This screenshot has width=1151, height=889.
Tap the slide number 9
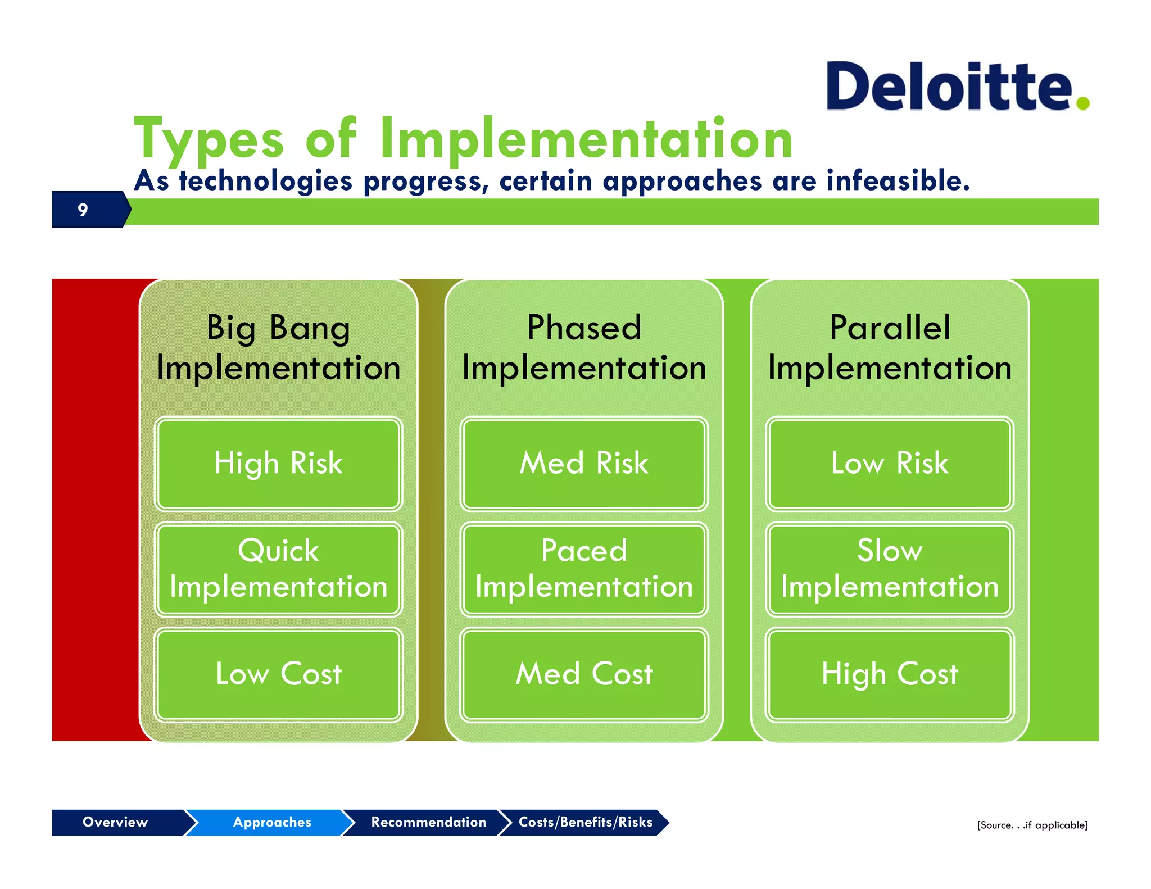pyautogui.click(x=83, y=210)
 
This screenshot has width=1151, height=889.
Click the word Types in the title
pyautogui.click(x=209, y=139)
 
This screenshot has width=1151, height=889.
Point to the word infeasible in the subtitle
pyautogui.click(x=898, y=181)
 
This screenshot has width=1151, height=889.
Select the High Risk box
pyautogui.click(x=278, y=464)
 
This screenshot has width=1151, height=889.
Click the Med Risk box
pyautogui.click(x=584, y=464)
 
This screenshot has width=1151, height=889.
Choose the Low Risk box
pyautogui.click(x=889, y=464)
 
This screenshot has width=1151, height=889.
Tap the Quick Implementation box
pyautogui.click(x=278, y=569)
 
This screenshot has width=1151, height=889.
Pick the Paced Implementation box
pyautogui.click(x=584, y=569)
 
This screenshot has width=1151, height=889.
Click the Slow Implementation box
pyautogui.click(x=889, y=569)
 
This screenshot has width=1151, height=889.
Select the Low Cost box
pyautogui.click(x=278, y=674)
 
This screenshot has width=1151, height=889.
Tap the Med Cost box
pyautogui.click(x=584, y=674)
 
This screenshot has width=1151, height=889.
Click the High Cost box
pyautogui.click(x=889, y=674)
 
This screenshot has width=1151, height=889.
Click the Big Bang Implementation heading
pyautogui.click(x=278, y=348)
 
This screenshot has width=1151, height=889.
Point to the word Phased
pyautogui.click(x=584, y=328)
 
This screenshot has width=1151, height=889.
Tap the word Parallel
pyautogui.click(x=890, y=328)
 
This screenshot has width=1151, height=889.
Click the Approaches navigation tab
pyautogui.click(x=271, y=822)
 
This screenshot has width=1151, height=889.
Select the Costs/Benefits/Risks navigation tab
pyautogui.click(x=585, y=822)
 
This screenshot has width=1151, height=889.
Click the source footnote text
pyautogui.click(x=1032, y=825)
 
